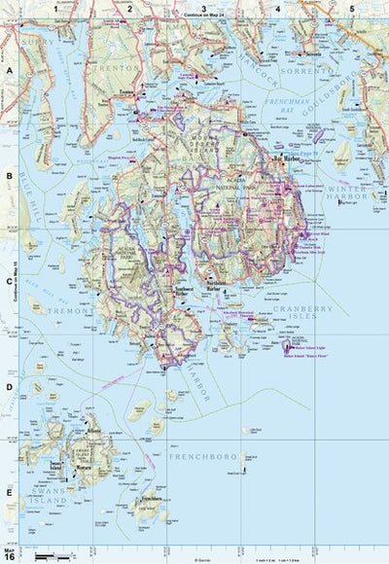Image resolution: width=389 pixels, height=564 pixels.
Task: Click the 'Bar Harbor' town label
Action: (284, 158)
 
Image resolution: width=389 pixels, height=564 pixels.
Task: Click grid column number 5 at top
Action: (352, 8)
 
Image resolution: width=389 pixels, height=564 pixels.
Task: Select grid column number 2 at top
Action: (128, 8)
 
